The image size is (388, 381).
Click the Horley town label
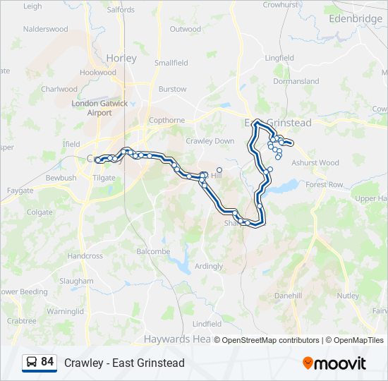(x=121, y=58)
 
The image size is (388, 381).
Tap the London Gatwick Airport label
(x=100, y=108)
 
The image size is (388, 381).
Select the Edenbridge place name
(x=356, y=18)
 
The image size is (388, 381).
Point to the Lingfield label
(x=279, y=58)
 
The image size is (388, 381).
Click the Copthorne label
(x=166, y=120)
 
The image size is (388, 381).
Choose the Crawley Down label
(x=210, y=141)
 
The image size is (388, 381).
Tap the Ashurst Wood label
(x=315, y=163)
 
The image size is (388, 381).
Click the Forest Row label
(x=325, y=185)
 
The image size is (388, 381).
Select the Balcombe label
(x=153, y=251)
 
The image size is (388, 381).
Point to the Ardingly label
(x=209, y=266)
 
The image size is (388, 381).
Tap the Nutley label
(x=348, y=296)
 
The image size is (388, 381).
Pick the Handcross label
(x=85, y=256)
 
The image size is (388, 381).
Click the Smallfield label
(x=171, y=63)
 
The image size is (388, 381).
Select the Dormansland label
(x=296, y=81)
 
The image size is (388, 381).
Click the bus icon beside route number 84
(x=32, y=363)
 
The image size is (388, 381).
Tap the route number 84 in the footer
(x=47, y=362)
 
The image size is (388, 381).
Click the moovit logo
(x=334, y=363)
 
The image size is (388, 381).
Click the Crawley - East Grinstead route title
(x=124, y=363)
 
